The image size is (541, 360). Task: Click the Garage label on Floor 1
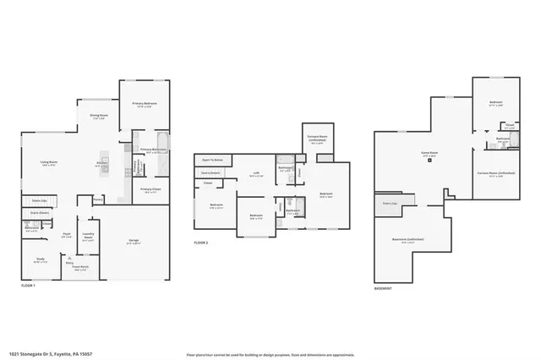pyautogui.click(x=134, y=241)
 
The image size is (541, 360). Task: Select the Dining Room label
pyautogui.click(x=97, y=116)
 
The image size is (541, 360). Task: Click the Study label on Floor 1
pyautogui.click(x=40, y=259)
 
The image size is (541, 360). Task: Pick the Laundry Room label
pyautogui.click(x=87, y=236)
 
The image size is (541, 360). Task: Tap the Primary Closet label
pyautogui.click(x=150, y=189)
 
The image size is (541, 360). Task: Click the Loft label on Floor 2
pyautogui.click(x=255, y=173)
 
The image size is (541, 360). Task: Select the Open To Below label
pyautogui.click(x=213, y=159)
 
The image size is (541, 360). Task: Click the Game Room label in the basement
pyautogui.click(x=429, y=153)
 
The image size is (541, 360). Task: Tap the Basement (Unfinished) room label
pyautogui.click(x=408, y=239)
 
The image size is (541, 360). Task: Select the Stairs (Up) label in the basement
pyautogui.click(x=390, y=204)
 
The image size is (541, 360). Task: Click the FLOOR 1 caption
pyautogui.click(x=30, y=286)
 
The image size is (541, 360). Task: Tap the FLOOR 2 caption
pyautogui.click(x=200, y=243)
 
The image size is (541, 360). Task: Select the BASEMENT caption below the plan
pyautogui.click(x=382, y=289)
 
